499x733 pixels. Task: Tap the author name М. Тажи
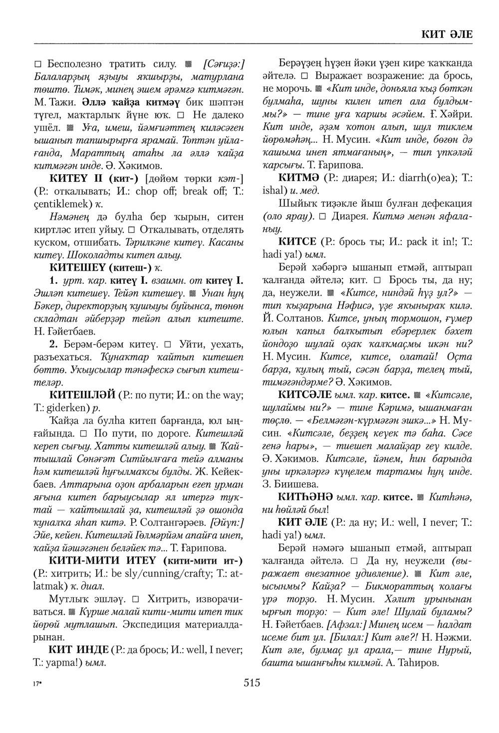50,103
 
